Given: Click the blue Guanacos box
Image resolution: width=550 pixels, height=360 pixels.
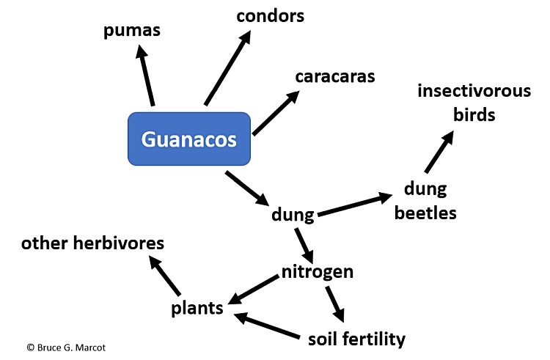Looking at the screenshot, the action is tap(189, 139).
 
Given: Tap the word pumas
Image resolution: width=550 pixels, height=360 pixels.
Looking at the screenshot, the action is tap(132, 31).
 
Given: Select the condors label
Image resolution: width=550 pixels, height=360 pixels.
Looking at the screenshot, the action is tap(270, 16).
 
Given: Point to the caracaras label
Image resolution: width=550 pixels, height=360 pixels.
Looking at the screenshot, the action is tap(335, 77).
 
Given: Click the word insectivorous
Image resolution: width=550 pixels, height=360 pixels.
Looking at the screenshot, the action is tap(474, 91).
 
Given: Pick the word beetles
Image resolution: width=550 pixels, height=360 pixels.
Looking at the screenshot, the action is tap(425, 213).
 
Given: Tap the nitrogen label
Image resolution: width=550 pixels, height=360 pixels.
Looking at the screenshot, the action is tap(318, 272).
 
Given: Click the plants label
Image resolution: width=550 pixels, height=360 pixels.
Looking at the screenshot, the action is tap(197, 309).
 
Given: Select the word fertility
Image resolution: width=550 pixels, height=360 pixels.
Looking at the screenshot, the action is tap(373, 339).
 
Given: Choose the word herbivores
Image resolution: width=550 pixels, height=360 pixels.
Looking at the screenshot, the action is tap(119, 243).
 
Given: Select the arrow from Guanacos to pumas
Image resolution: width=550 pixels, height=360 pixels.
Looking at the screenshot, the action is tap(145, 75).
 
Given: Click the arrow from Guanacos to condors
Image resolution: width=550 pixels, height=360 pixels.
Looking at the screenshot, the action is tap(227, 67).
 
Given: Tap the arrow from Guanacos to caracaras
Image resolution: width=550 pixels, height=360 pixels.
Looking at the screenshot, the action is tap(276, 113).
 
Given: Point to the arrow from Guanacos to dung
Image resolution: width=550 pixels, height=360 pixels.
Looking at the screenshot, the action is tap(247, 188).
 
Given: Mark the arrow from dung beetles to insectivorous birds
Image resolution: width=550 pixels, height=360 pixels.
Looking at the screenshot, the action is tap(439, 152).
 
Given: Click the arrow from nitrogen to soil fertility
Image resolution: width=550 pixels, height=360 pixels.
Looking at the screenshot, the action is tap(335, 304).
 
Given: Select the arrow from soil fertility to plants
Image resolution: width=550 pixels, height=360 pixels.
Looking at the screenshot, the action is tap(267, 326).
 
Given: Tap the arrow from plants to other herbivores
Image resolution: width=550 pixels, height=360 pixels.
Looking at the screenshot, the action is tap(164, 275).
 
